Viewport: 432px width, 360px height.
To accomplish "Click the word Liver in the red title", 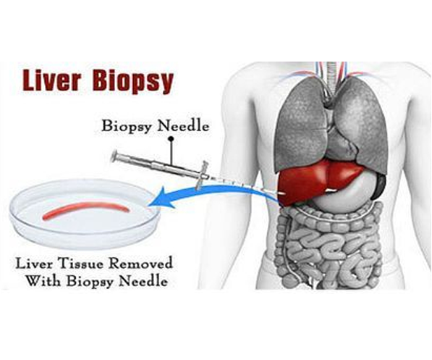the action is (51, 81).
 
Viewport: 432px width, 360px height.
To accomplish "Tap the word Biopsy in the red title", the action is (133, 82).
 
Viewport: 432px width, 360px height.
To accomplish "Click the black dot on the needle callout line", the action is (171, 138).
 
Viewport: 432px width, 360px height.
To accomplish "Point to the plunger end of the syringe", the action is (114, 156).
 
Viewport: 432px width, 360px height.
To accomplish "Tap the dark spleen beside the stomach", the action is (380, 187).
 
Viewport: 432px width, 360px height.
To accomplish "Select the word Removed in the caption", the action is (141, 264).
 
